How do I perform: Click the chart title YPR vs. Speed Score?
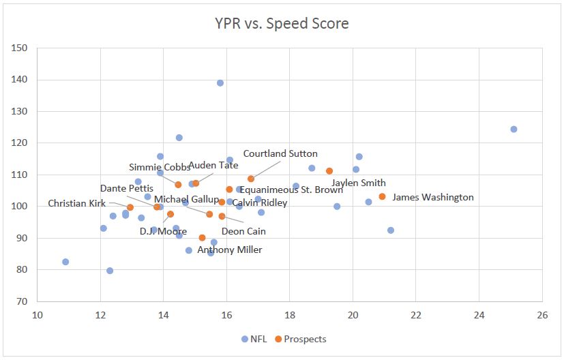[282, 24]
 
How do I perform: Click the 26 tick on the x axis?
[542, 315]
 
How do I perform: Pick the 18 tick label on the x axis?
[290, 315]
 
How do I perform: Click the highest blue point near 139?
[220, 83]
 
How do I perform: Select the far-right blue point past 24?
[514, 130]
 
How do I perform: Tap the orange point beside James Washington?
[383, 196]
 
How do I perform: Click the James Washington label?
[433, 198]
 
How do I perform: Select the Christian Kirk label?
[77, 203]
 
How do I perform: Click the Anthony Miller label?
[230, 250]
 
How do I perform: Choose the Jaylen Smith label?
[359, 183]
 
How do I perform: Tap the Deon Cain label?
[243, 231]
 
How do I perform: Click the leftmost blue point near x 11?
[65, 262]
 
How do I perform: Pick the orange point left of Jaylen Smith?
[329, 171]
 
